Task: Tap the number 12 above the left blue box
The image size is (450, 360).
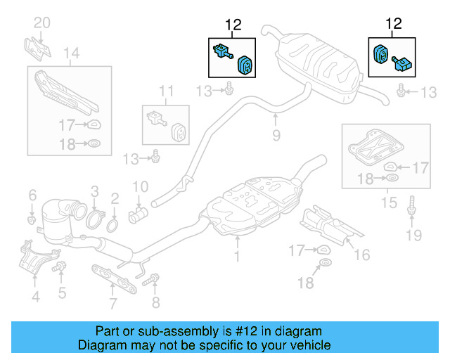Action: tap(233, 25)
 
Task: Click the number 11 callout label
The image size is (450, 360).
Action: tap(165, 90)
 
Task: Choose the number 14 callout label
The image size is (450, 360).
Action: tap(70, 53)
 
